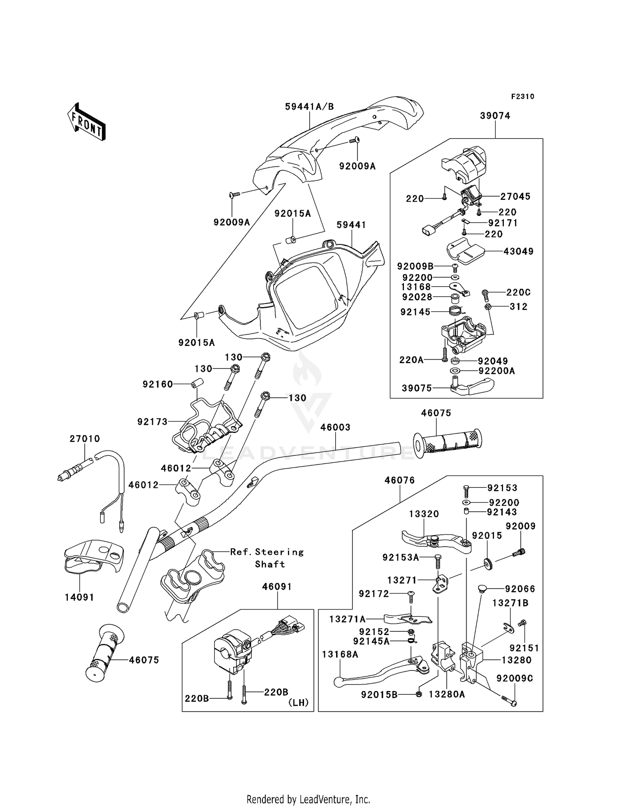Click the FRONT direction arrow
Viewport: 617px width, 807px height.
click(86, 121)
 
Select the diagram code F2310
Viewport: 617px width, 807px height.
click(523, 97)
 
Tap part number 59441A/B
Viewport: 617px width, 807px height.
click(310, 107)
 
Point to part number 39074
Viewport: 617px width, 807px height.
click(495, 116)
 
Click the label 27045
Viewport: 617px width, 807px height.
click(515, 197)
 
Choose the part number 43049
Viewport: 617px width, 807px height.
click(519, 251)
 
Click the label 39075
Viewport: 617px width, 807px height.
click(417, 388)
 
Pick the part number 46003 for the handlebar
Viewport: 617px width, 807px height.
click(336, 427)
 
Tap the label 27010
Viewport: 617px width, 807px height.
click(85, 439)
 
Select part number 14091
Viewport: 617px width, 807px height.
click(79, 597)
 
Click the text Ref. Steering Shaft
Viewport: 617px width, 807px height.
click(267, 558)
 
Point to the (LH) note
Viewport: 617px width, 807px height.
click(298, 703)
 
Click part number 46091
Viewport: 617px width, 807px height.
click(277, 587)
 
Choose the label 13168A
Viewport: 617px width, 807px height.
click(340, 654)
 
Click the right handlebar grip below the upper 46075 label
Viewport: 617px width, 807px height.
click(448, 445)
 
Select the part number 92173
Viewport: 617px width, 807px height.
click(153, 422)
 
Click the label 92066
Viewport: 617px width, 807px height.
click(520, 589)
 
